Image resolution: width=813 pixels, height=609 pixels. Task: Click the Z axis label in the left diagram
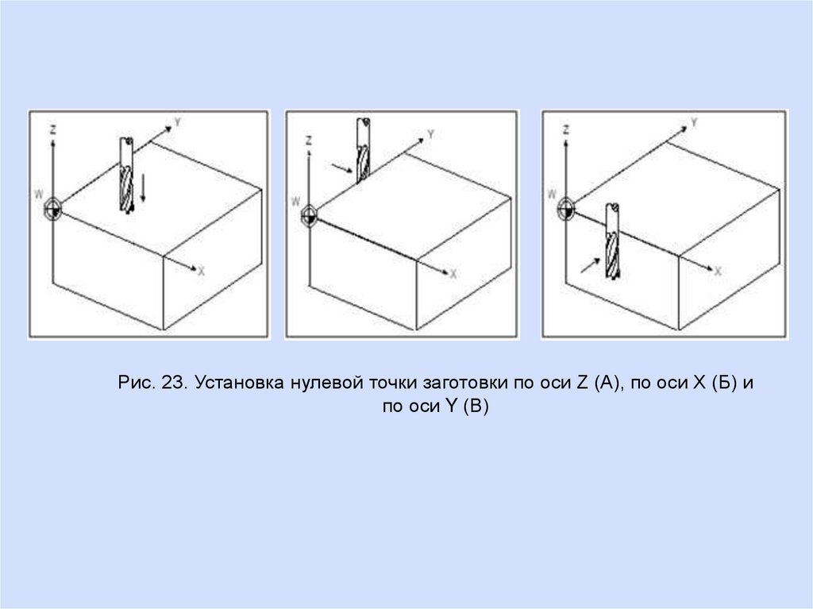[52, 129]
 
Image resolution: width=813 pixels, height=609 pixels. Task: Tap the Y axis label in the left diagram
[177, 122]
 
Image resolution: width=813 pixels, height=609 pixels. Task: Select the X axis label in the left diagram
[201, 271]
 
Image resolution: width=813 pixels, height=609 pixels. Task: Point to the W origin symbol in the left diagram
[53, 209]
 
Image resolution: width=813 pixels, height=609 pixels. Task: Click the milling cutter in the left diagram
[126, 175]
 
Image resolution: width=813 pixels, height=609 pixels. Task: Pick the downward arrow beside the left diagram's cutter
[143, 188]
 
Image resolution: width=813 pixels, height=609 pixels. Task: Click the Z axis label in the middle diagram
[309, 141]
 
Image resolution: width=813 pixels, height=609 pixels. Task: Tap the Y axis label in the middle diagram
[430, 135]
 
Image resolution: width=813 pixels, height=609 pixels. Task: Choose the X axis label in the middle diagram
[453, 274]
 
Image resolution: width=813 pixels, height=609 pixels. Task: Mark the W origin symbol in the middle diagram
[309, 214]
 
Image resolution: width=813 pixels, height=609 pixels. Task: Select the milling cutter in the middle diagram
[363, 151]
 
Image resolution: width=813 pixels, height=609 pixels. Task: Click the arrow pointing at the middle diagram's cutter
[342, 168]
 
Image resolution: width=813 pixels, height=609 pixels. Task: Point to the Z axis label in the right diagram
[566, 129]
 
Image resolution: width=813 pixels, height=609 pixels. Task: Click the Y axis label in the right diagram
[694, 122]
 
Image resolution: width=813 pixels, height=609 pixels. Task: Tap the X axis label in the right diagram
[718, 272]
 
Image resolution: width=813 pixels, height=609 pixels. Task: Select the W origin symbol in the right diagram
[565, 210]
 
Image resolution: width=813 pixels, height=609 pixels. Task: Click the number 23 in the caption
[174, 383]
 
